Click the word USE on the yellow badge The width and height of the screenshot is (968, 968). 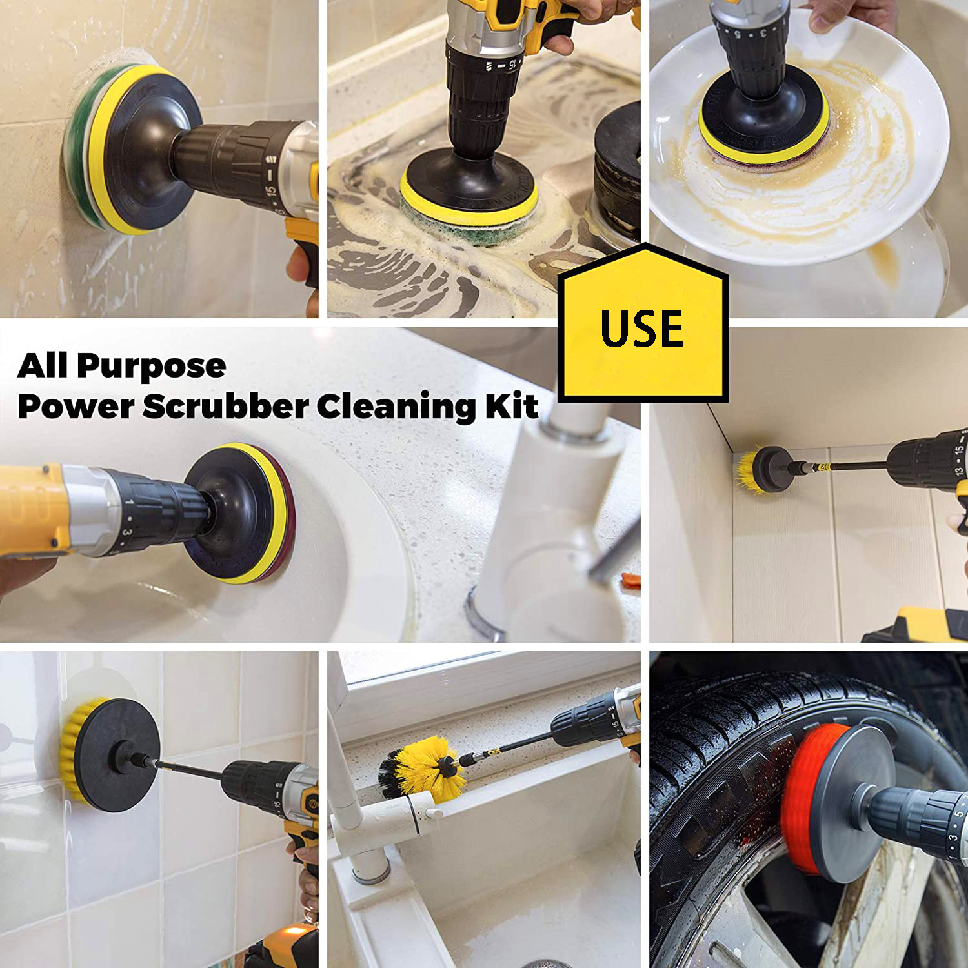[641, 328]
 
